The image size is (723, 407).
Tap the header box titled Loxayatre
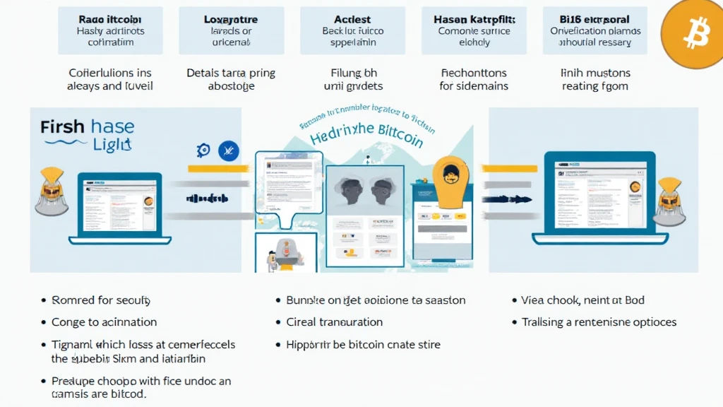point(231,30)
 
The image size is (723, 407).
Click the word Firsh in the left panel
point(63,128)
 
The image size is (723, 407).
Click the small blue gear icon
point(203,150)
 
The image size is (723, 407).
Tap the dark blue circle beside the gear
point(227,150)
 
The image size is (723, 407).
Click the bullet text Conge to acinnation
point(104,322)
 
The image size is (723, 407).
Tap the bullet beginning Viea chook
point(582,300)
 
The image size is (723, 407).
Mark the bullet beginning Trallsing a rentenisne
point(599,322)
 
